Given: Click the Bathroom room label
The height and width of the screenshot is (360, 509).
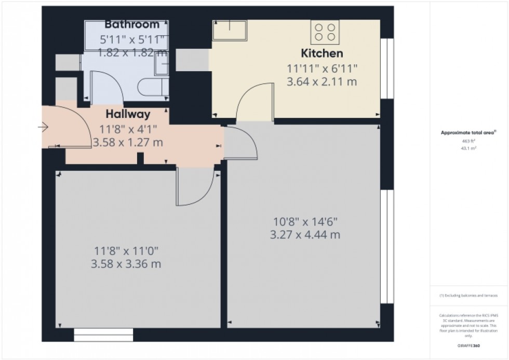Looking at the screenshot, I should pyautogui.click(x=132, y=24).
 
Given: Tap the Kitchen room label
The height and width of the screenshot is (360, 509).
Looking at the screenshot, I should pyautogui.click(x=323, y=53).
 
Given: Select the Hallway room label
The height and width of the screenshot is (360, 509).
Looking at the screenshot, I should pyautogui.click(x=128, y=114).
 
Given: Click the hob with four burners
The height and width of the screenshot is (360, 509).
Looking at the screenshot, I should pyautogui.click(x=325, y=32).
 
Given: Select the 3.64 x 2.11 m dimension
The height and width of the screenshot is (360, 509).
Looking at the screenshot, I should pyautogui.click(x=322, y=82).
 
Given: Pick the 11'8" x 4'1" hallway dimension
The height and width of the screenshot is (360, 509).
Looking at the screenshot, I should pyautogui.click(x=128, y=129).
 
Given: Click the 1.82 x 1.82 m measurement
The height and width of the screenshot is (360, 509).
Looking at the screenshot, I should pyautogui.click(x=132, y=52).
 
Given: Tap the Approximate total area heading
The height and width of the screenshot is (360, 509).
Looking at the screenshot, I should pyautogui.click(x=468, y=132).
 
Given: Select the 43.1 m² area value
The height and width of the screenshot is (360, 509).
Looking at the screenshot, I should pyautogui.click(x=469, y=148).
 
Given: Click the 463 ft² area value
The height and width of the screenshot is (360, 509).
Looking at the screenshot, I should pyautogui.click(x=469, y=140).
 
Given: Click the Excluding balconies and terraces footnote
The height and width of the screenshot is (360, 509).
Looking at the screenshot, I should pyautogui.click(x=469, y=295).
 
